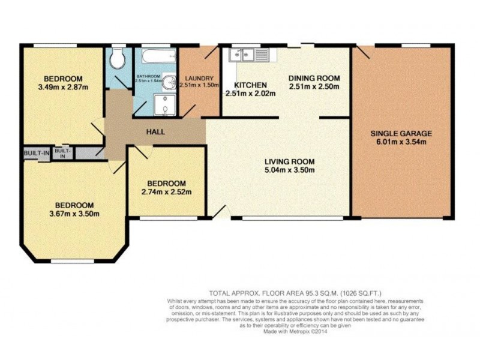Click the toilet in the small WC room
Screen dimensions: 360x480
(x=118, y=58)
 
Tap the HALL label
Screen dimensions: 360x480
(x=155, y=131)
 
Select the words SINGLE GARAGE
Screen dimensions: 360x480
(x=401, y=133)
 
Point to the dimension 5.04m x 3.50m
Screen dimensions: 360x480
(x=290, y=170)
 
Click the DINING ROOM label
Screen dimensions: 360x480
(x=314, y=79)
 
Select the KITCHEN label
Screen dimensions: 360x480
(x=250, y=85)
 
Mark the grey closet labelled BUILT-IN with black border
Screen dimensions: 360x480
(x=37, y=153)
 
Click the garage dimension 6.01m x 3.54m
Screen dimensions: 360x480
(x=401, y=142)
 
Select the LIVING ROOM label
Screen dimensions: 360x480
(x=290, y=161)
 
